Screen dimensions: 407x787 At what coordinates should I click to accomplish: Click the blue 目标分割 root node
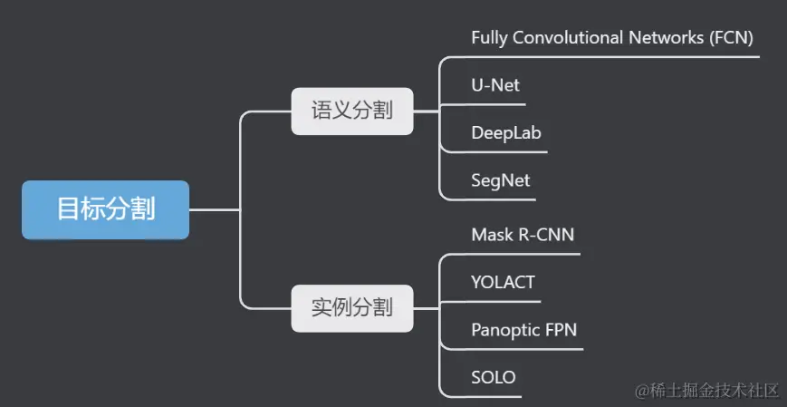coord(105,209)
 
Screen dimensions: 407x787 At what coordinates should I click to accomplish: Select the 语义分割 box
coord(351,111)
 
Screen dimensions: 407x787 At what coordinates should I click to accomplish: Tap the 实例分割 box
coord(351,307)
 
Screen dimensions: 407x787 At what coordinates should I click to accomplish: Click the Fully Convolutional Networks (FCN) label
coord(612,38)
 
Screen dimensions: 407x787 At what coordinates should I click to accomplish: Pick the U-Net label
coord(495,86)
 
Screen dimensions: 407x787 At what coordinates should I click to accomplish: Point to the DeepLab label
coord(506,133)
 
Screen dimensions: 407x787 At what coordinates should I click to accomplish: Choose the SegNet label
coord(500,180)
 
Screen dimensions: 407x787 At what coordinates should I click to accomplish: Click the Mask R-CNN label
coord(523,235)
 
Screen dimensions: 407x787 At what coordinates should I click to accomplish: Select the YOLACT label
coord(503,282)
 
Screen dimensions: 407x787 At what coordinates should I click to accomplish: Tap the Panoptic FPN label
coord(523,329)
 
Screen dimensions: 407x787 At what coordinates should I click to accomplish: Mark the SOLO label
coord(494,376)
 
